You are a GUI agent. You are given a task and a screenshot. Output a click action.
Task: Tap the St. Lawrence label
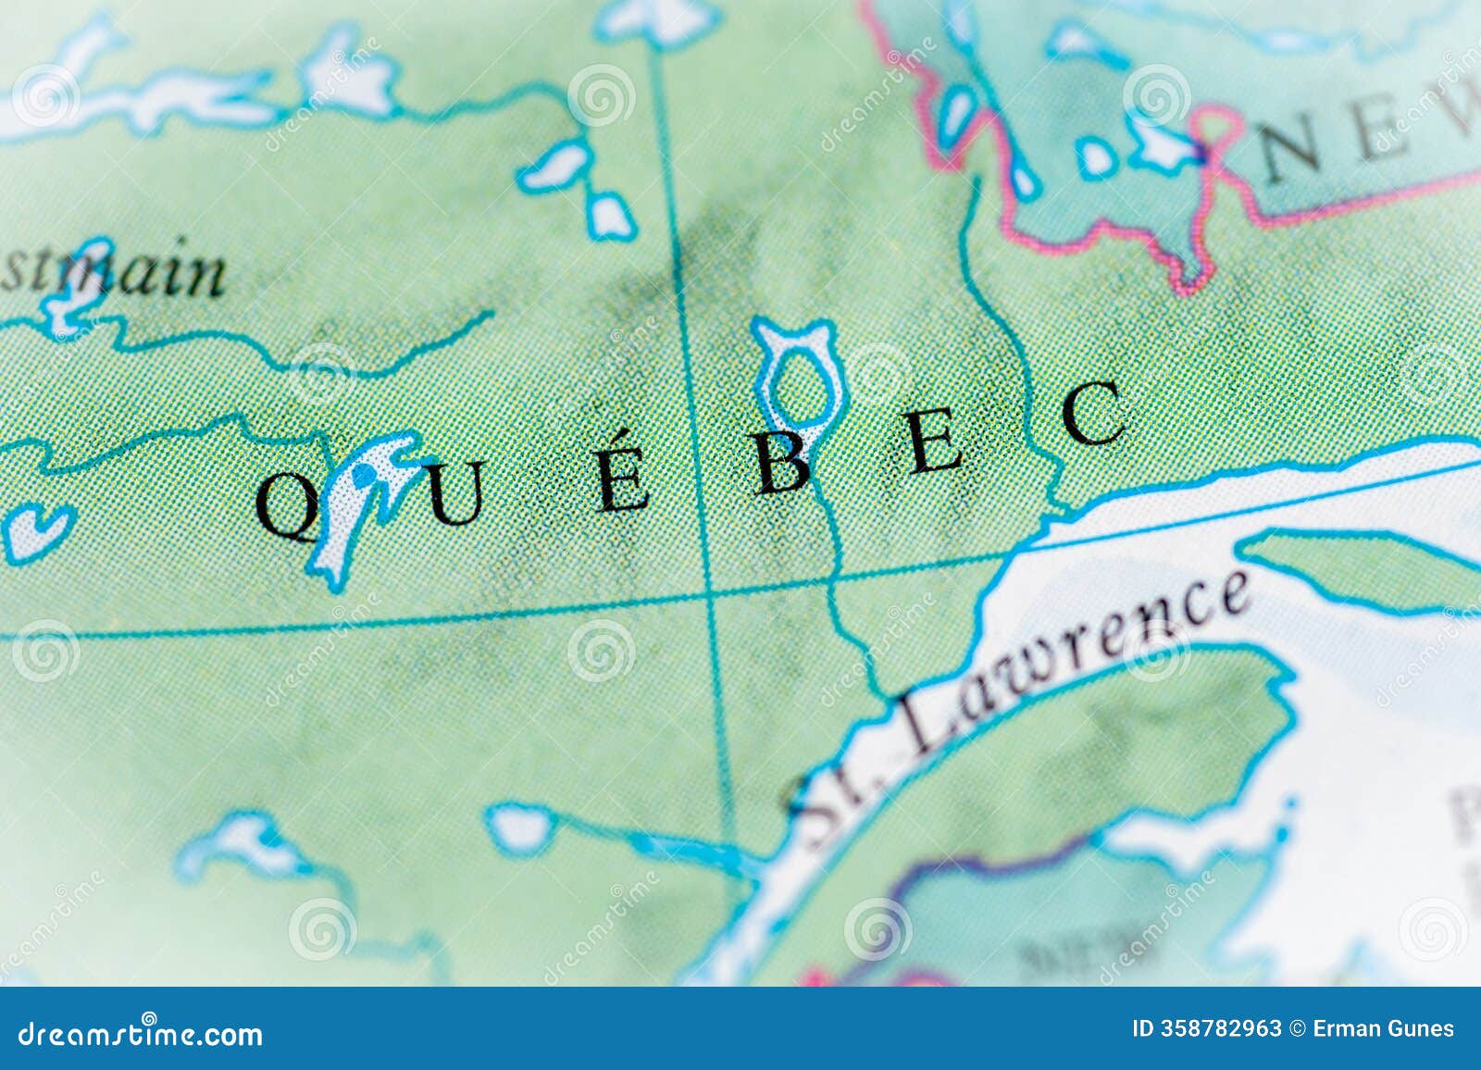click(x=1018, y=703)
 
